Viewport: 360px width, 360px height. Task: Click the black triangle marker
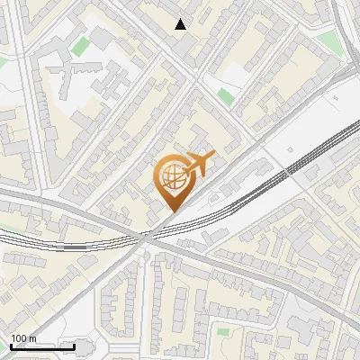[182, 24]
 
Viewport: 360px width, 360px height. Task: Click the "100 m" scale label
[23, 339]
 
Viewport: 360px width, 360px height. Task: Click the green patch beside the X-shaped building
[81, 46]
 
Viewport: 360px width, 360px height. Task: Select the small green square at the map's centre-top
[225, 95]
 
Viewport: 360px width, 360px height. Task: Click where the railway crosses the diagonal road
[144, 237]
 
